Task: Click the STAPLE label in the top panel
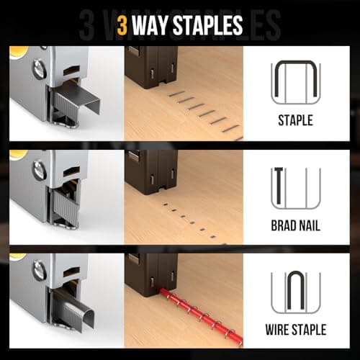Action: coord(294,120)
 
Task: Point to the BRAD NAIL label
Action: coord(294,226)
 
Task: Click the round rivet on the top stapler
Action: coord(38,70)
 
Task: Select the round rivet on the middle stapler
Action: coord(38,171)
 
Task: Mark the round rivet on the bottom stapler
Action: coord(38,271)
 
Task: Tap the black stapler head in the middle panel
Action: coord(151,173)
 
